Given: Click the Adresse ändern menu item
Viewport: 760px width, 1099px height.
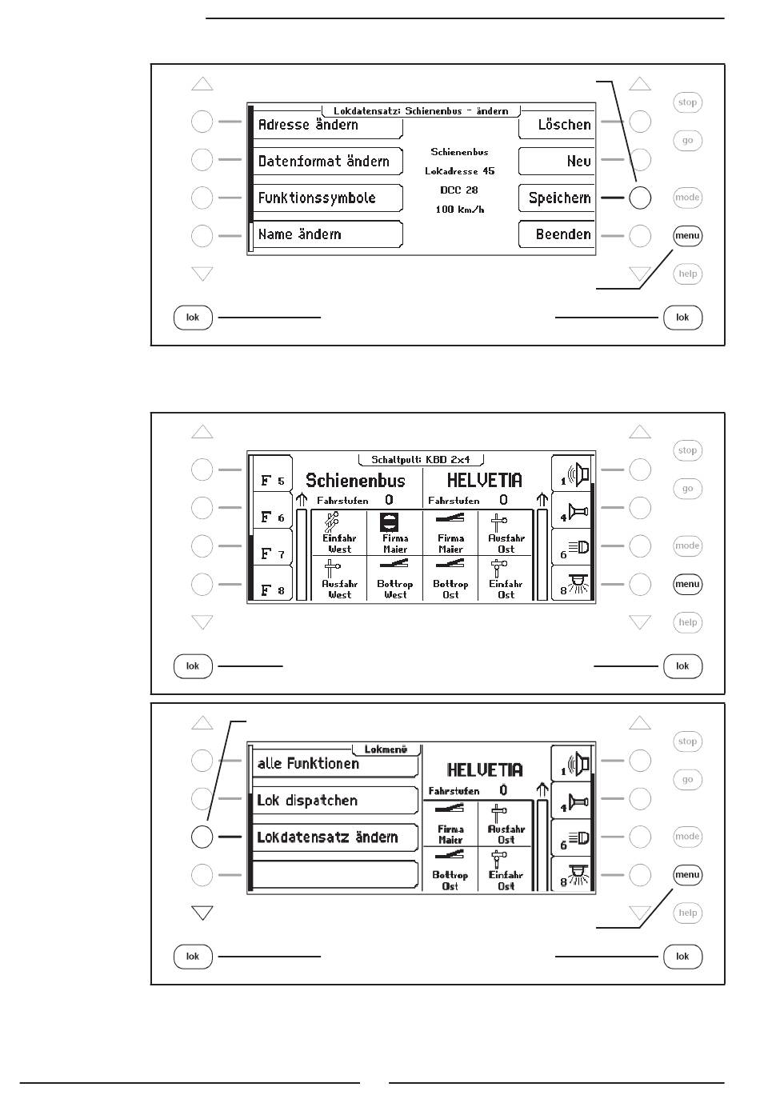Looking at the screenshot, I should point(327,125).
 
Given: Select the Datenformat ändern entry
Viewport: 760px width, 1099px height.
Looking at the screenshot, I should point(327,162).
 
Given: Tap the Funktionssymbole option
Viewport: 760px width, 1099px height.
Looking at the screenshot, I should point(327,198).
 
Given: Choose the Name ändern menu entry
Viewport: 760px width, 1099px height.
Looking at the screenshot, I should point(327,234).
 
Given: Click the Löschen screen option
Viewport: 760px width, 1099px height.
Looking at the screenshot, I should point(558,125).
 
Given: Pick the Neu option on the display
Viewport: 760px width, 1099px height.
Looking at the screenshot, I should point(558,162).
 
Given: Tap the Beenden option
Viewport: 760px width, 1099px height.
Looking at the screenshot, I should point(558,235).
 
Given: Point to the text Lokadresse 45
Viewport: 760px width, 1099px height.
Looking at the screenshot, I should point(459,171).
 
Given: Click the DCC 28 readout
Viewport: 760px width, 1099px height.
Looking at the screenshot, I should point(459,190).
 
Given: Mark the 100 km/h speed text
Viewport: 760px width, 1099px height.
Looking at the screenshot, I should point(459,210).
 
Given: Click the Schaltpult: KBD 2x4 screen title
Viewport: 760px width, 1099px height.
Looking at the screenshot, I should point(420,460).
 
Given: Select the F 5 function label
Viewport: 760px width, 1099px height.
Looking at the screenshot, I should point(272,481).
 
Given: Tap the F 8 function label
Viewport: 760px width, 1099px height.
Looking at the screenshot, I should point(272,590).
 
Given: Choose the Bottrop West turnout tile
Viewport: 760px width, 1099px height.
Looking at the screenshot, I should point(395,579).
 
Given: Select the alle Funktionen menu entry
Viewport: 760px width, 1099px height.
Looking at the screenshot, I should point(335,764).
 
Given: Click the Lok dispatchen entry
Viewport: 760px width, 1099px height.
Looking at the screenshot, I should point(335,801).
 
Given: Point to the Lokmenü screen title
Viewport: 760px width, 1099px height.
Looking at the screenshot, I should point(386,750).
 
